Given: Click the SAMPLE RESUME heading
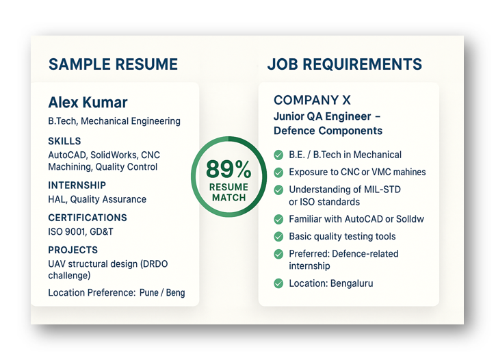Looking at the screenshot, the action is point(113,64).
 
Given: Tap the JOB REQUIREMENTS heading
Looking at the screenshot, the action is point(345,64).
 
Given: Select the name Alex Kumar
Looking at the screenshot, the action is point(88,103).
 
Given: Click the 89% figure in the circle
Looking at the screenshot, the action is point(229,169).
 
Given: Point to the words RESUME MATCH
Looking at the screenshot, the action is point(229,192).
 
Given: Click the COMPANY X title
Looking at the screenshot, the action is point(312,100).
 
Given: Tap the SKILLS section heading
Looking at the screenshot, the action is point(64,141).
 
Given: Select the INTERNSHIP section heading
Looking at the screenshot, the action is point(77,185).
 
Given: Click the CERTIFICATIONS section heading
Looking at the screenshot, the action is point(88,218).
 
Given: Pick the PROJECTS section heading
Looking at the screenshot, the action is point(73,250).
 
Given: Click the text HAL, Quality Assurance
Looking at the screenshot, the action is point(97,199).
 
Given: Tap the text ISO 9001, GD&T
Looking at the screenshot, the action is point(80,231).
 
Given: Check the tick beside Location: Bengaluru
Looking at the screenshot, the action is point(278,283).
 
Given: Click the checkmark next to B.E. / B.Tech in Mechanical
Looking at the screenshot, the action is point(278,155).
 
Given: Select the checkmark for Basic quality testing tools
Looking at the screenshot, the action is point(278,237).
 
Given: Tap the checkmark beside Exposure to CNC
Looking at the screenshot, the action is point(278,172).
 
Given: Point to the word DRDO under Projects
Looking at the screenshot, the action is point(155,263).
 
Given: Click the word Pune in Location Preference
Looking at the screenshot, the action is point(148,293).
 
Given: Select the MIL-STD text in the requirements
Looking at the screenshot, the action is point(382,190).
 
